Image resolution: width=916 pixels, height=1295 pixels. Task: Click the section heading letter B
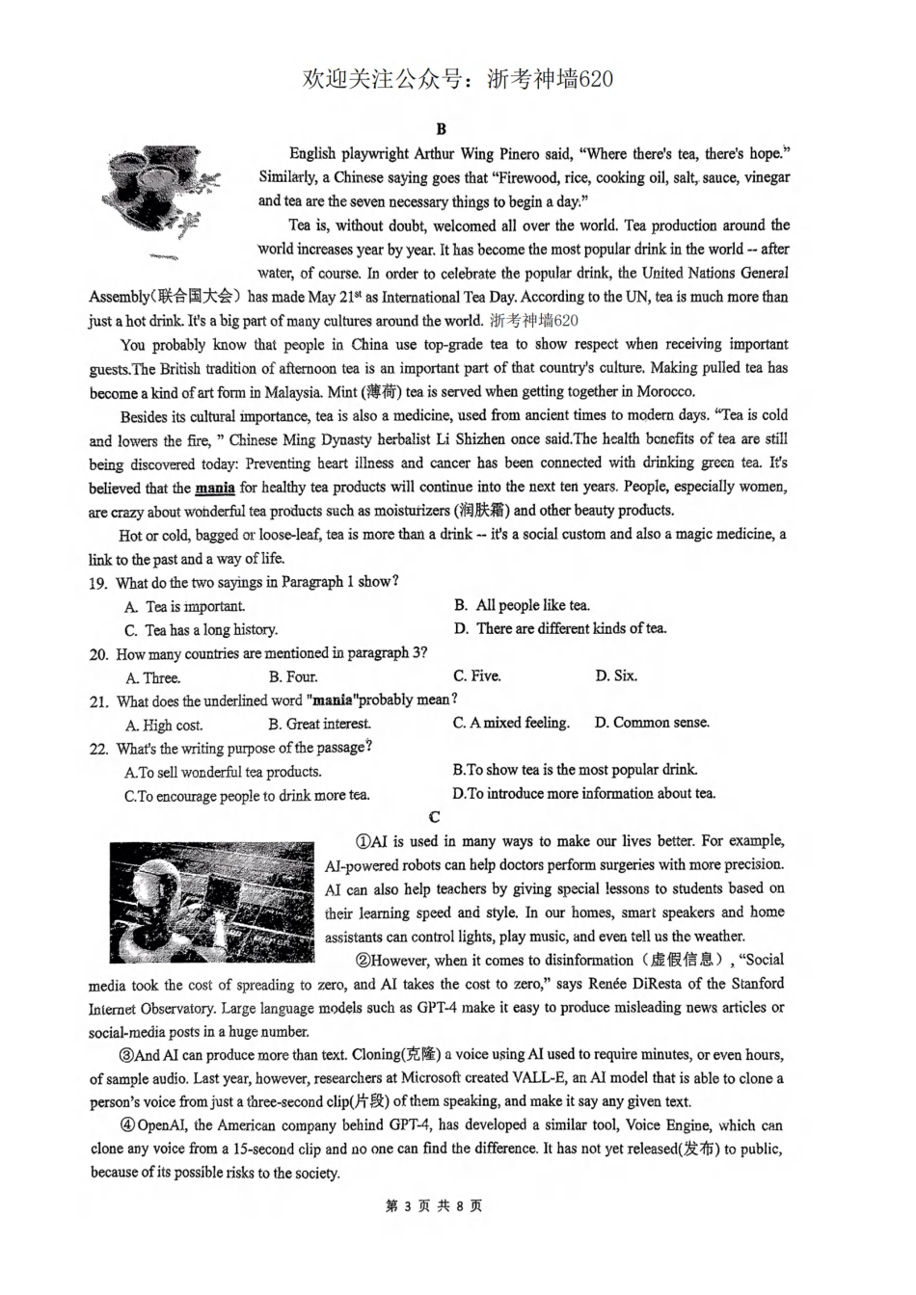point(441,129)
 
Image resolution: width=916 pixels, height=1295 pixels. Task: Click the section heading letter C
point(435,817)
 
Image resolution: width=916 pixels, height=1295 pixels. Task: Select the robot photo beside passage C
point(211,902)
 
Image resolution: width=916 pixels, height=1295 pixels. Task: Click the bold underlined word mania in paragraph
point(214,488)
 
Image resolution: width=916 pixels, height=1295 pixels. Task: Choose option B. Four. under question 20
point(293,676)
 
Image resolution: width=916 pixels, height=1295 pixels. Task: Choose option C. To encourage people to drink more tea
point(247,796)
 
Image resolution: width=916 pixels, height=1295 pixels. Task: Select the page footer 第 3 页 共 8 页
point(434,1206)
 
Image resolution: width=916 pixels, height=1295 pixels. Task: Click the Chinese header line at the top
point(457,79)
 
